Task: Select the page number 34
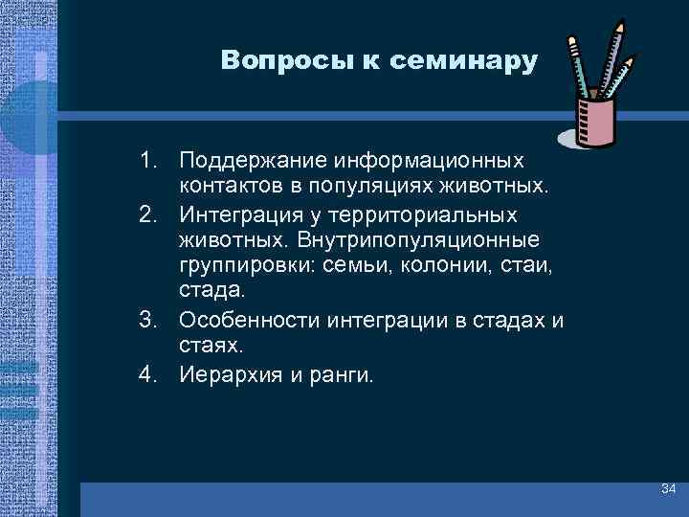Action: pyautogui.click(x=668, y=490)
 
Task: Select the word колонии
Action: pyautogui.click(x=418, y=265)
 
